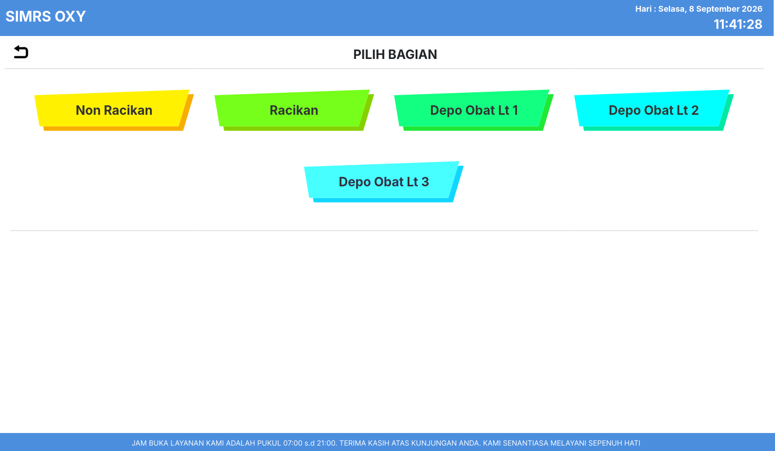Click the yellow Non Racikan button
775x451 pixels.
[114, 110]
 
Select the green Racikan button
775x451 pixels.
[294, 110]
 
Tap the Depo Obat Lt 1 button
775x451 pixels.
[474, 110]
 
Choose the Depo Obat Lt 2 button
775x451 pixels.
[654, 110]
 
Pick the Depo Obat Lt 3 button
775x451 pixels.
[384, 182]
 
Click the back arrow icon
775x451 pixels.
[21, 52]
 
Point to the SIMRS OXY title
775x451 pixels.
[45, 17]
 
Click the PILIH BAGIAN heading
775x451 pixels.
[395, 54]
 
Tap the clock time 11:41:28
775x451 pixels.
[738, 24]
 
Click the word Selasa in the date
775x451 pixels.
[672, 9]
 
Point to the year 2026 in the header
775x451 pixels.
[752, 9]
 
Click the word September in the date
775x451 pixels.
[718, 9]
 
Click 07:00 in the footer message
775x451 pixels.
[293, 443]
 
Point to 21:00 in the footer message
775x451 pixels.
[326, 443]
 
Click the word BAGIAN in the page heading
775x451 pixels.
[412, 54]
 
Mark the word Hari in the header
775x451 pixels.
[644, 9]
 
